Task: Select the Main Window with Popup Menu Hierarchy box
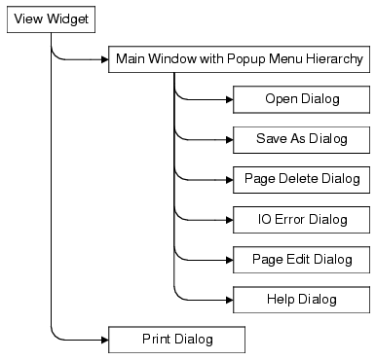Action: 239,59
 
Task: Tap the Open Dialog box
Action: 301,99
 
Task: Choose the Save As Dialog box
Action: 301,139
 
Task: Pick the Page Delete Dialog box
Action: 301,179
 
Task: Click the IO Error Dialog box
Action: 301,219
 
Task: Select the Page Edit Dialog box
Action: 301,259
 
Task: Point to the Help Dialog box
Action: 301,299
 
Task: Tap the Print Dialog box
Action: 175,339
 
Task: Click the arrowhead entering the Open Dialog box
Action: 228,99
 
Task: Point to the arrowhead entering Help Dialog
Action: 228,299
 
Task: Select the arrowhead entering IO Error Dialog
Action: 228,219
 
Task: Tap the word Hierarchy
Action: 335,59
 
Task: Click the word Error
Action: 292,219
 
